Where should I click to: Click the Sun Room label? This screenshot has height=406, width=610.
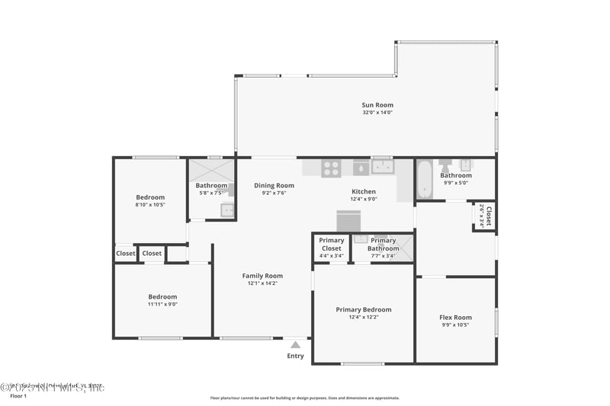point(377,105)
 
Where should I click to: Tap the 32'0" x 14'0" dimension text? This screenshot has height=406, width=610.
point(377,113)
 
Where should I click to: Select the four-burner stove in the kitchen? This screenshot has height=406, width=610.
point(331,168)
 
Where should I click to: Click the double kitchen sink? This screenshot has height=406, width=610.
point(381,167)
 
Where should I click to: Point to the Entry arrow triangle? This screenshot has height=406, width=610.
point(295,345)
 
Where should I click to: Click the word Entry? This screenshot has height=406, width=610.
point(295,356)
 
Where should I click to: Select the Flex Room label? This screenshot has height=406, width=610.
point(456,318)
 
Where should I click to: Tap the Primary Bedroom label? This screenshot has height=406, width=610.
point(364,309)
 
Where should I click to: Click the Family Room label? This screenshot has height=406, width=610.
point(262,276)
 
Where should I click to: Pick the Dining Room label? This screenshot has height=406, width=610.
point(274,185)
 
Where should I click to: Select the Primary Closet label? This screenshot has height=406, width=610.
point(332,245)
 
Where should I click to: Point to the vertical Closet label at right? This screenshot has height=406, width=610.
point(489,216)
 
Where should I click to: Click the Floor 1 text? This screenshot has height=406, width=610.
point(18,396)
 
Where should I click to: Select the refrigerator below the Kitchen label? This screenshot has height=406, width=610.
point(348,221)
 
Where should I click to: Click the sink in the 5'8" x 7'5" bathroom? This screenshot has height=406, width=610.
point(227,210)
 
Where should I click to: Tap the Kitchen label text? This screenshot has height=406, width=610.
point(364,191)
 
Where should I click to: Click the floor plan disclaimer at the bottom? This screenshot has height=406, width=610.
point(305,398)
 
